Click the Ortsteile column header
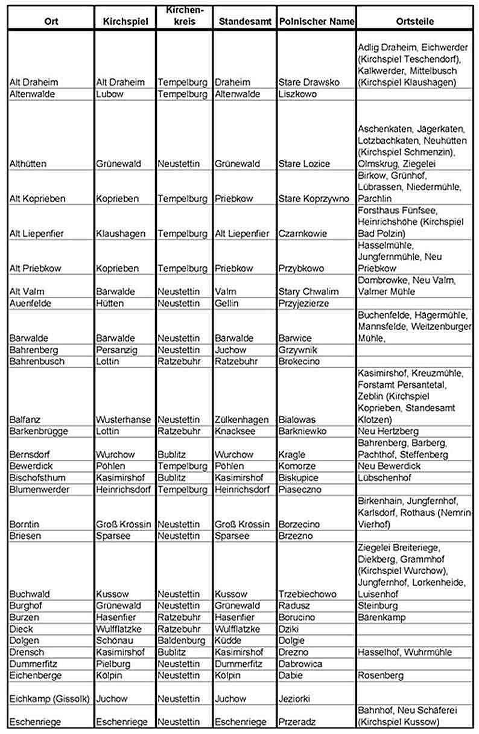[x=416, y=21]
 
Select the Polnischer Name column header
[x=316, y=21]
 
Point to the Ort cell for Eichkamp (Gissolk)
[x=49, y=698]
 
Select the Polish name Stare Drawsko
[x=309, y=82]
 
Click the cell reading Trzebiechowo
[x=308, y=594]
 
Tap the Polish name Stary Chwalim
[x=308, y=292]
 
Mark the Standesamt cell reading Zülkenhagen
[x=241, y=420]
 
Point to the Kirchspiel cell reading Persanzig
[x=116, y=350]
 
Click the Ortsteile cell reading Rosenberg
[x=381, y=675]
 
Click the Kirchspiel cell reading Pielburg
[x=113, y=664]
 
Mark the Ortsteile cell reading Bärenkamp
[x=382, y=618]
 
